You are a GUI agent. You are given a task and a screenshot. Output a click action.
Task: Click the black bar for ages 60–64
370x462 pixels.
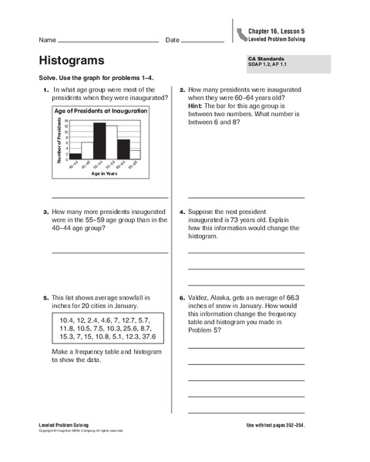click(x=123, y=149)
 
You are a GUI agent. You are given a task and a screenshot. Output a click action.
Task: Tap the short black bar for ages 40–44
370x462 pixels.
click(x=76, y=156)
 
